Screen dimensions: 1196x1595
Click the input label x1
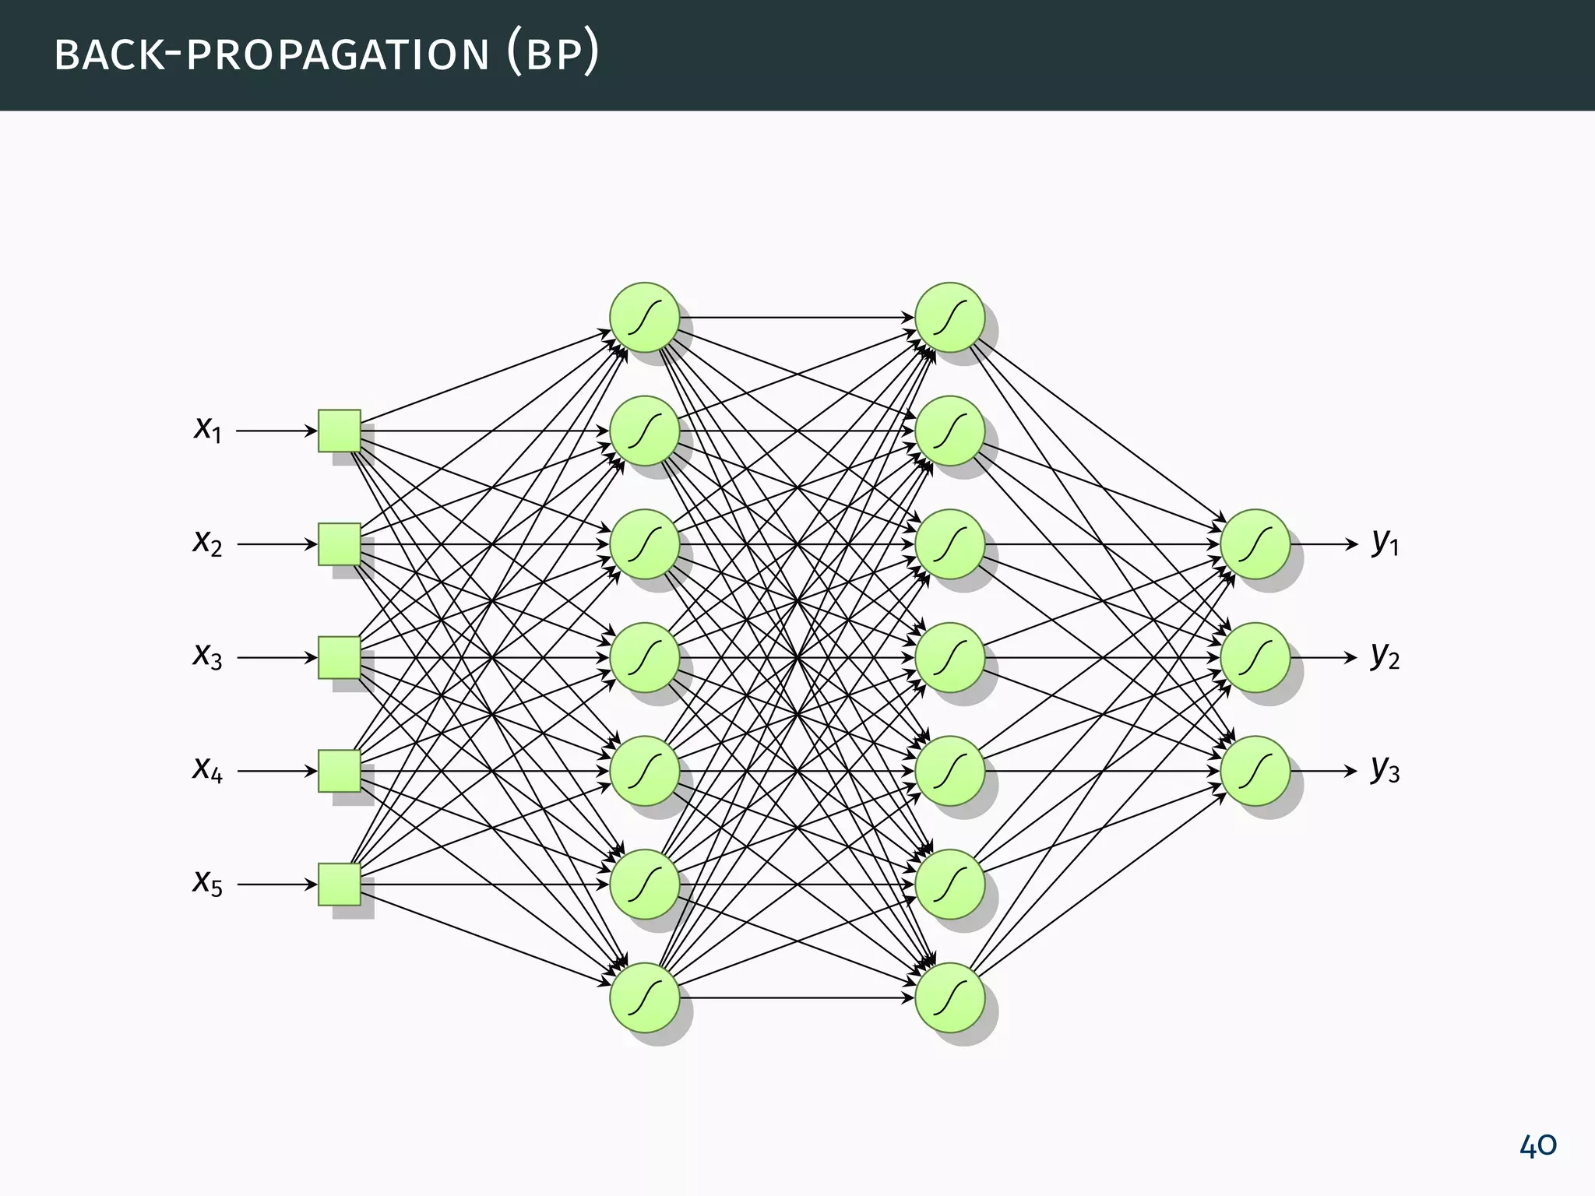pos(208,429)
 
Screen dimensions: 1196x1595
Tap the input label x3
pos(208,656)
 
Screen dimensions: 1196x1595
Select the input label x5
pos(208,883)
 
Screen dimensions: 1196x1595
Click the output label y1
pos(1386,542)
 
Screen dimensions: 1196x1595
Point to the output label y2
pos(1386,656)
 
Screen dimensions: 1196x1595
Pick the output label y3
pos(1386,769)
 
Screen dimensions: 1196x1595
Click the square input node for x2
pos(340,544)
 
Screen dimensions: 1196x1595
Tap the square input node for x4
pos(340,771)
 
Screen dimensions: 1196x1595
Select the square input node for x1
pos(340,431)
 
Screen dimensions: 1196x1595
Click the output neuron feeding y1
pos(1255,544)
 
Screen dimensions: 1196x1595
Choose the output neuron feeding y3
pos(1255,771)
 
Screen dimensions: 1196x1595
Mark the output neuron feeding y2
pos(1255,658)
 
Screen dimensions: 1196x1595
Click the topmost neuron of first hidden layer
pos(644,317)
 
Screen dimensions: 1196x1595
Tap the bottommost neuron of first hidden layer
pos(644,997)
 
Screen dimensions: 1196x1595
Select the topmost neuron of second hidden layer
pos(949,317)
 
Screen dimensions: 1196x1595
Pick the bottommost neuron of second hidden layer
pos(949,997)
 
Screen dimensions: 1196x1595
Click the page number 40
pos(1537,1145)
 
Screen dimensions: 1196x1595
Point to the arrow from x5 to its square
pos(276,885)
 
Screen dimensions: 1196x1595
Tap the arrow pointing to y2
pos(1323,658)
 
